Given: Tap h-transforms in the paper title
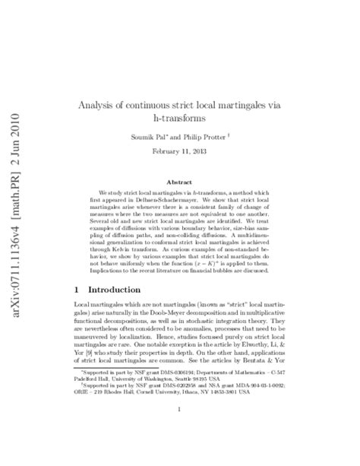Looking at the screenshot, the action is point(181,119).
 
